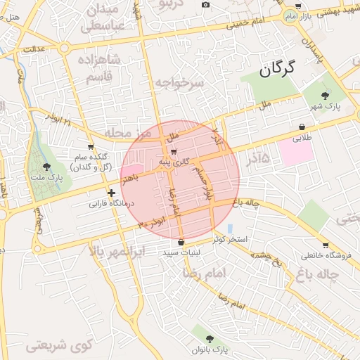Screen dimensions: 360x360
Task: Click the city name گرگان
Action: [278, 68]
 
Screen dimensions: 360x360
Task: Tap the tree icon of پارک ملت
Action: [47, 167]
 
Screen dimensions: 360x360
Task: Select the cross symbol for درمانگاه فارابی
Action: [110, 193]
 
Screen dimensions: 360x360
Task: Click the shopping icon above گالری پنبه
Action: [173, 151]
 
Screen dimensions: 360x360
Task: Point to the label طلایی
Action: [302, 139]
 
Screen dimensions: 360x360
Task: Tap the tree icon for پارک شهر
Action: [324, 95]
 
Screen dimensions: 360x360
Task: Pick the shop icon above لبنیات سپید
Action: [181, 243]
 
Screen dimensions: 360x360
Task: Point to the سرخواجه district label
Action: [180, 83]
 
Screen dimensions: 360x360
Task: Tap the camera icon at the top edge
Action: [205, 5]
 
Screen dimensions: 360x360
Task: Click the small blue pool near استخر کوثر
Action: [230, 229]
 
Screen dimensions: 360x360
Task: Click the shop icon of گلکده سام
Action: [91, 147]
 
